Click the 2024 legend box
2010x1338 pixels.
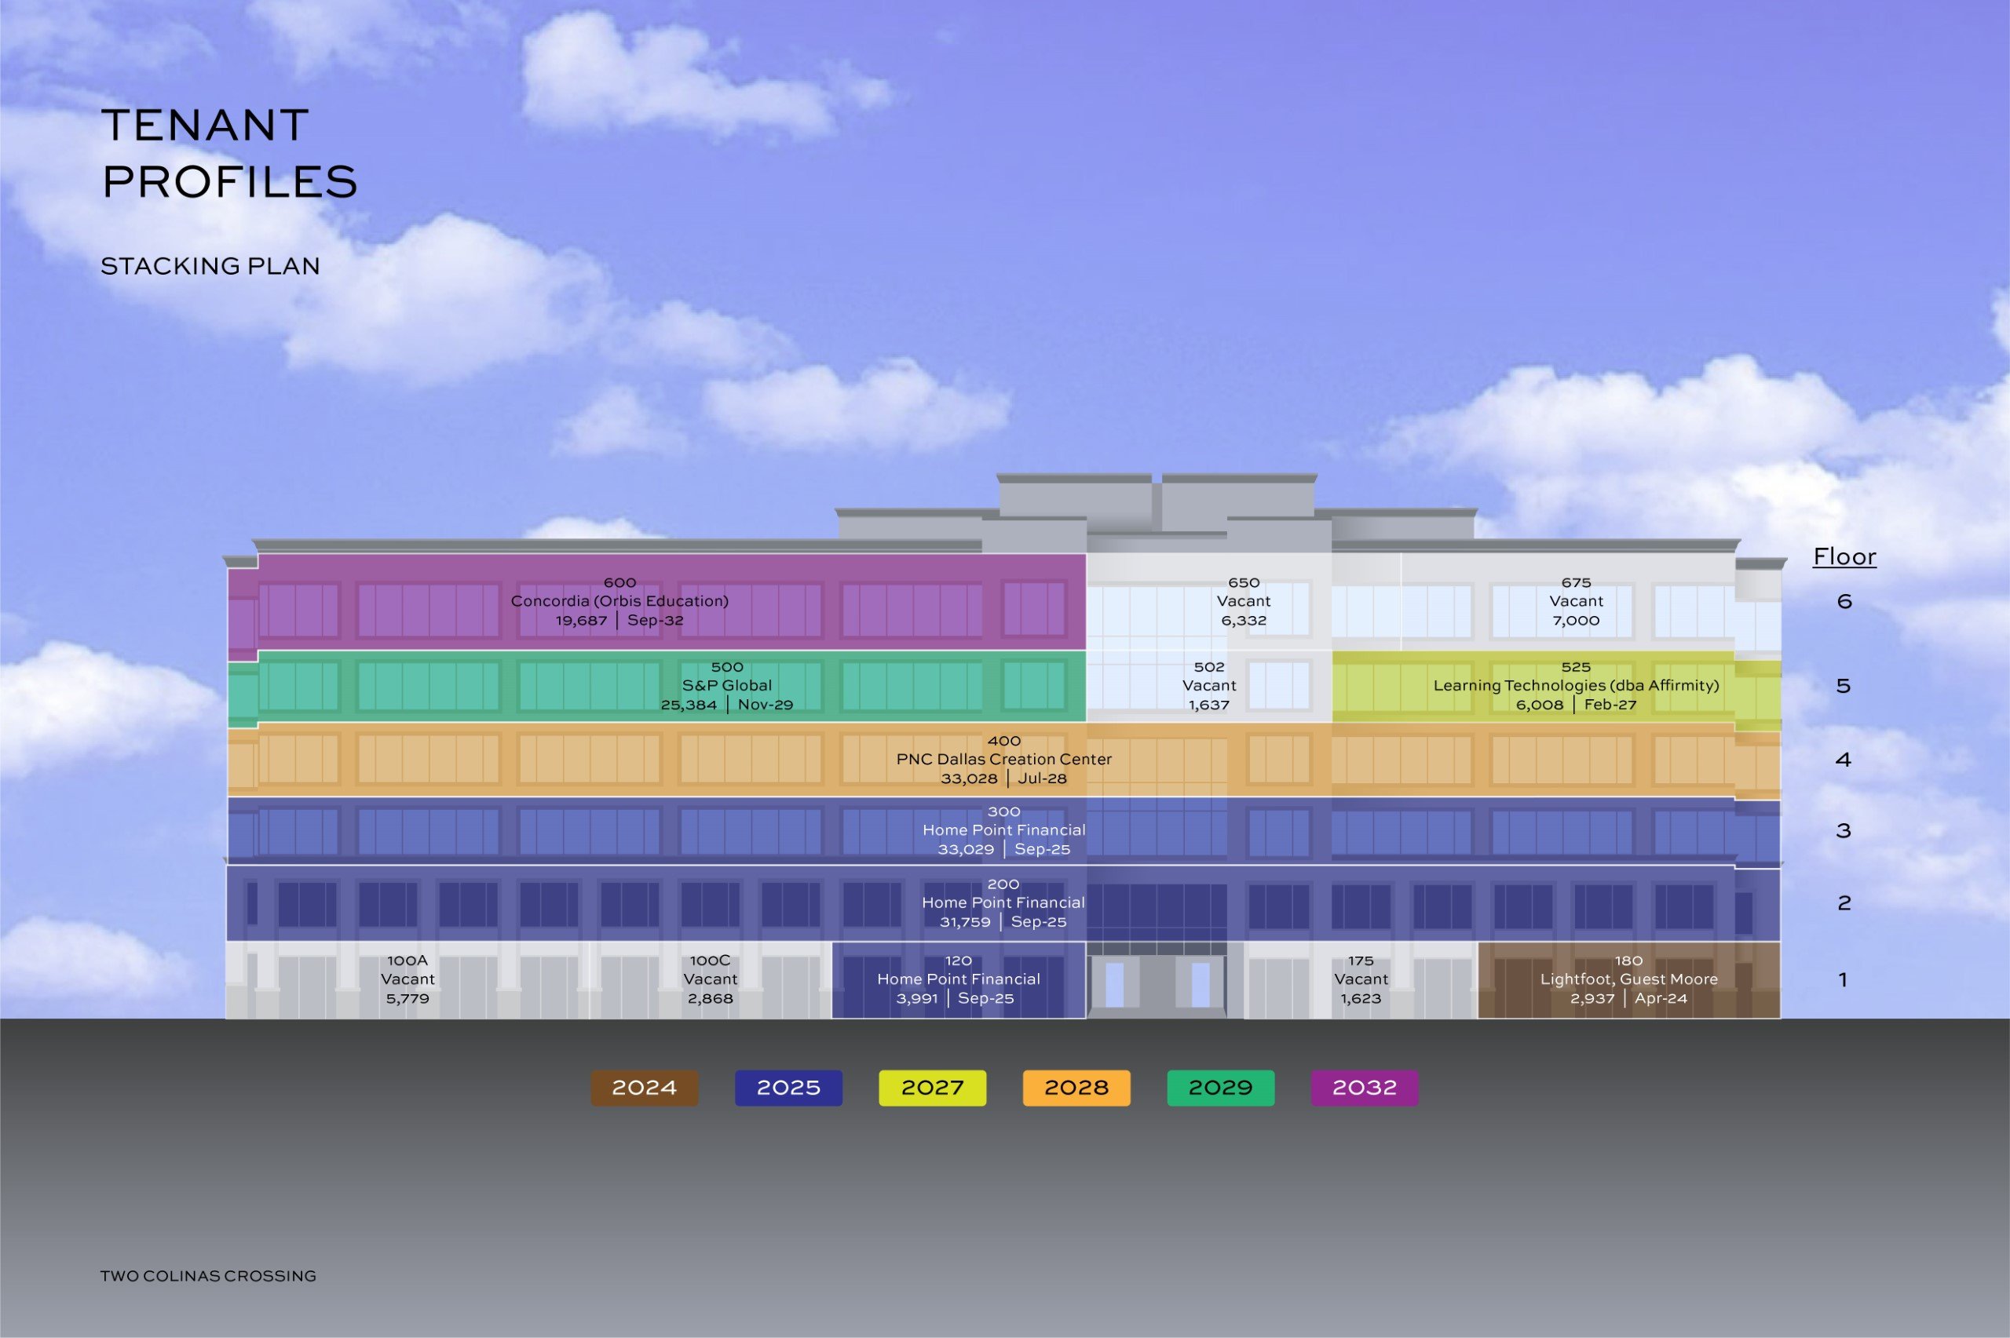[x=645, y=1088]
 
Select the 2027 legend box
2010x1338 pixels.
[x=932, y=1088]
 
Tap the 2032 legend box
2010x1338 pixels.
[x=1364, y=1088]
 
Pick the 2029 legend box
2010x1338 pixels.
[x=1220, y=1088]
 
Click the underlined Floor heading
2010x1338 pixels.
[x=1844, y=557]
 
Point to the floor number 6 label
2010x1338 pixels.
[x=1844, y=602]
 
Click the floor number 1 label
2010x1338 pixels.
[x=1843, y=979]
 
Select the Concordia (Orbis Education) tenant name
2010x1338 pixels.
[x=619, y=601]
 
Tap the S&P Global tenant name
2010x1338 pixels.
[x=726, y=685]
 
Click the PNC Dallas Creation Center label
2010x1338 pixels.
[x=1003, y=759]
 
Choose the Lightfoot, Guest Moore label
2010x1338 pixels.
[x=1628, y=979]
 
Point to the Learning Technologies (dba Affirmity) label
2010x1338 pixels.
[x=1576, y=685]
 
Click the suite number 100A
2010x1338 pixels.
[x=407, y=960]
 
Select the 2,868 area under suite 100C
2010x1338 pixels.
[x=710, y=998]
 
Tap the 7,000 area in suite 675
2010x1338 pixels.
[x=1576, y=621]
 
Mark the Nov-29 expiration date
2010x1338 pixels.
[x=766, y=705]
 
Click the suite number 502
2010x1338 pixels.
[x=1208, y=666]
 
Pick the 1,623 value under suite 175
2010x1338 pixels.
[x=1361, y=998]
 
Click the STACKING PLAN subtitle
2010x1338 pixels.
[x=210, y=266]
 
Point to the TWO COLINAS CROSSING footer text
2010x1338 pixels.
[x=208, y=1276]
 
